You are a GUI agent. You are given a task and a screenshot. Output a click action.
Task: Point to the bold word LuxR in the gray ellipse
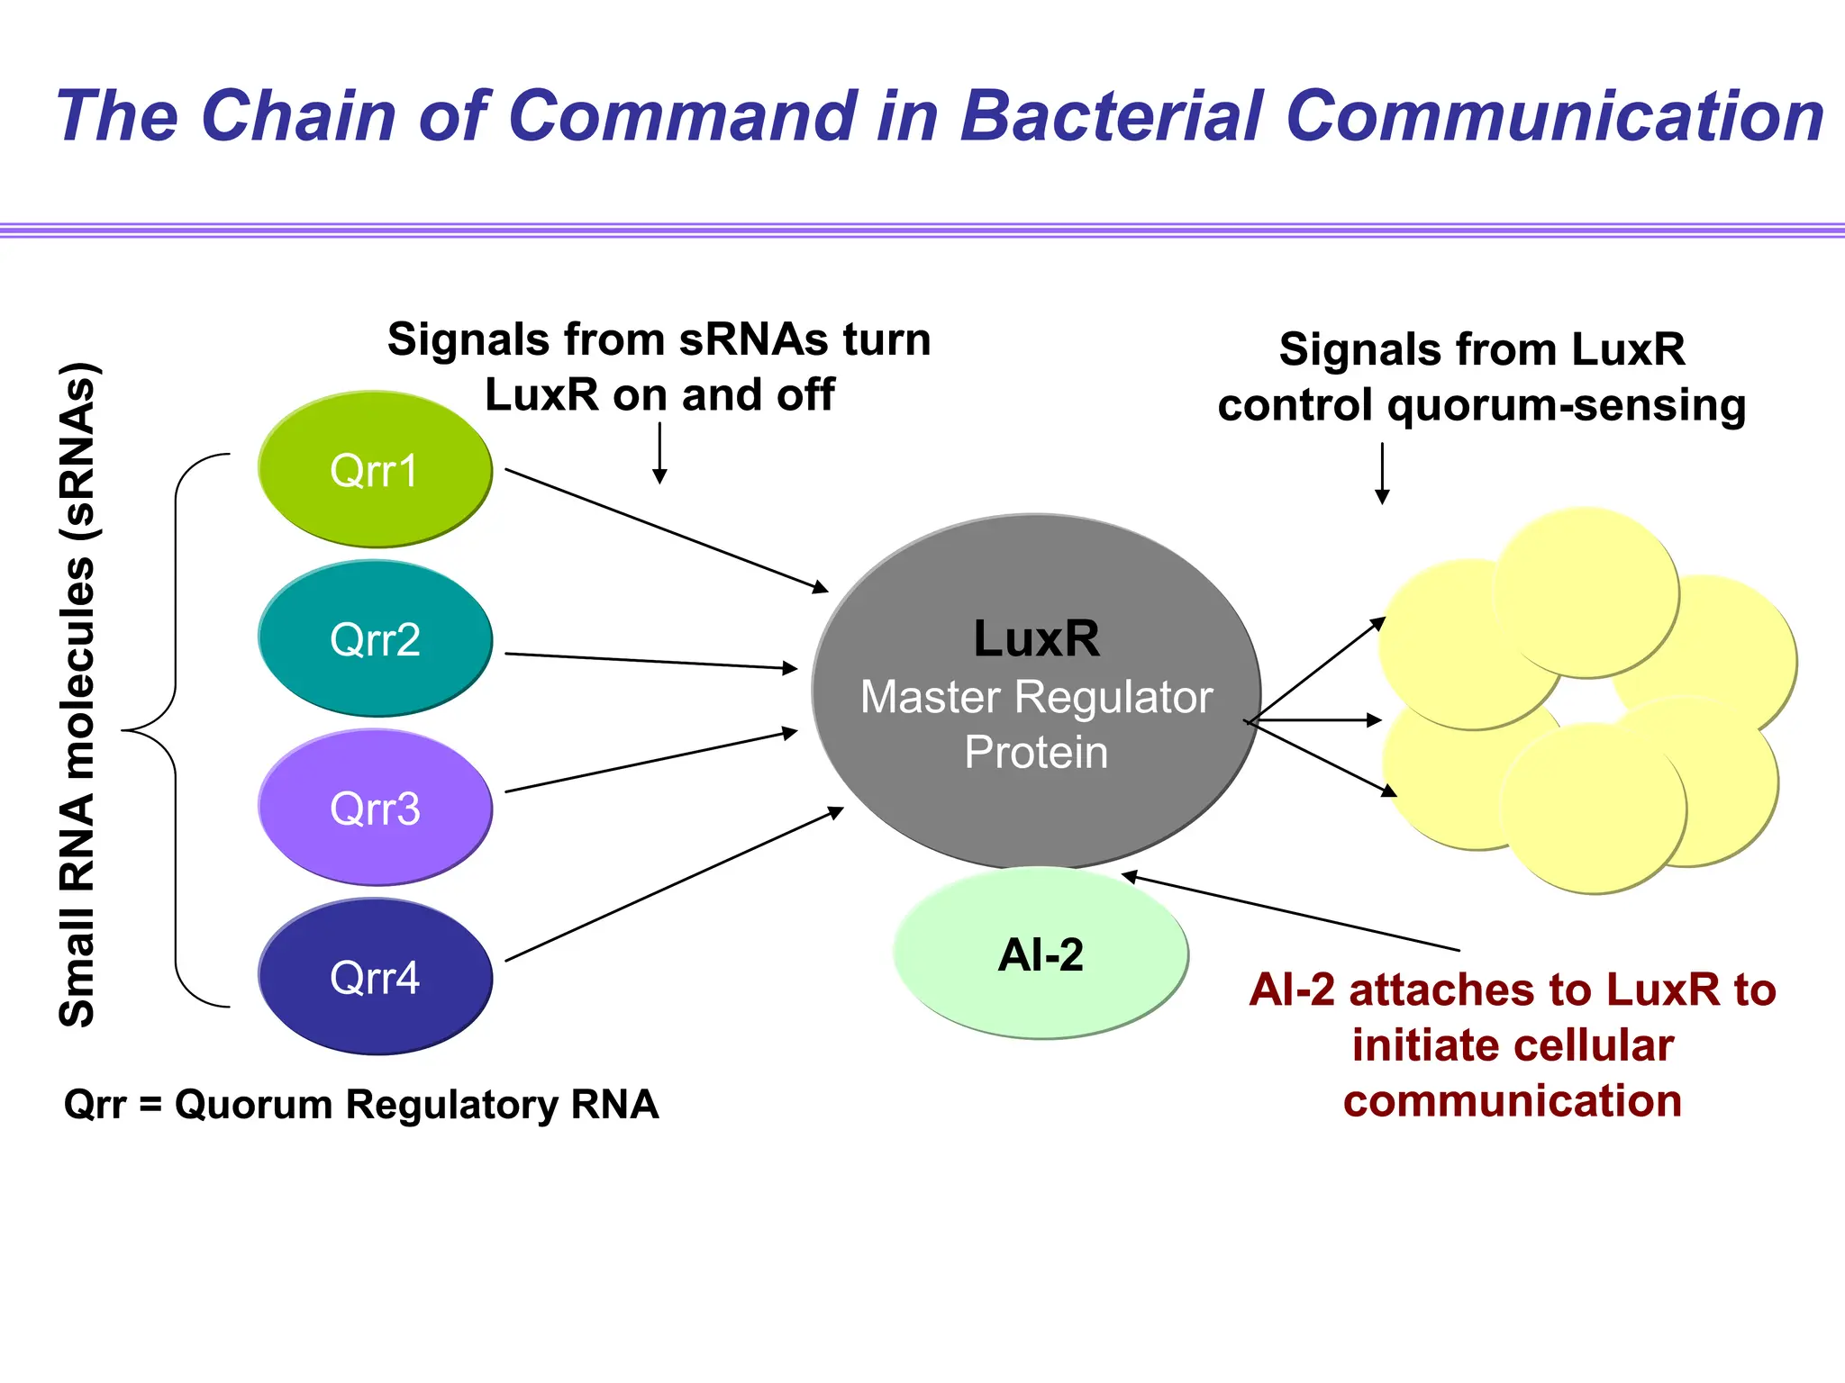[1036, 638]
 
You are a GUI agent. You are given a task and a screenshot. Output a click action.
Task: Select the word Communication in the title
[1554, 116]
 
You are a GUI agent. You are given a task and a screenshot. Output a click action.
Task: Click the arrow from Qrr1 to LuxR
[667, 530]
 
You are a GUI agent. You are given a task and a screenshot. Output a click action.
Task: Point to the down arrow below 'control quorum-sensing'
[1382, 473]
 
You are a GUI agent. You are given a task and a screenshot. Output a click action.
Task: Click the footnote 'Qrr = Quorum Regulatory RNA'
[360, 1104]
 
